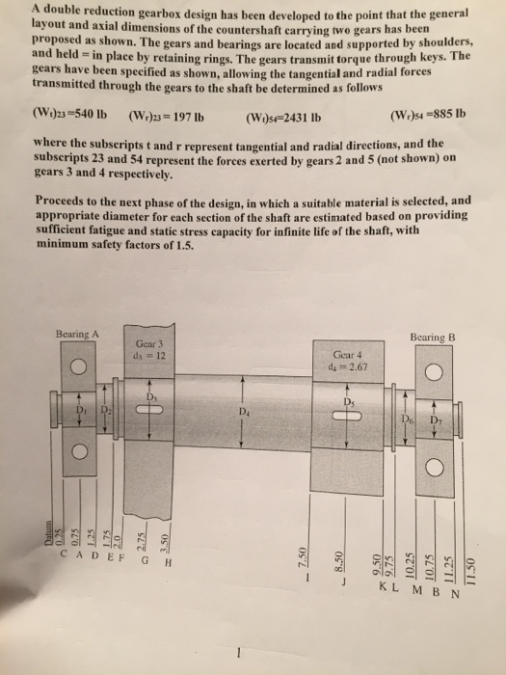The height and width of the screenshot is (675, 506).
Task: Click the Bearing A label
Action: [77, 334]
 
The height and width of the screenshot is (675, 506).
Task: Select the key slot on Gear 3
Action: [147, 408]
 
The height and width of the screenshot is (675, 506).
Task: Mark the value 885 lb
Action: [443, 121]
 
